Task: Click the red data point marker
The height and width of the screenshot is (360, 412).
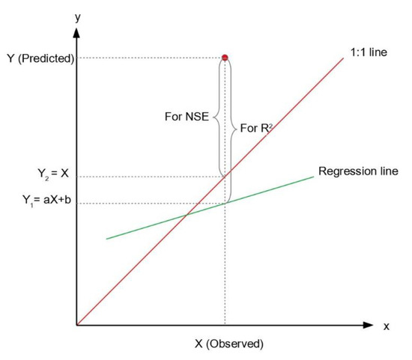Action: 225,58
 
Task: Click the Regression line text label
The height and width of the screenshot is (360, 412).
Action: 358,171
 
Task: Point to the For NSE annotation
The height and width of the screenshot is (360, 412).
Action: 186,117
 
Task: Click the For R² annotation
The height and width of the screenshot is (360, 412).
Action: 256,128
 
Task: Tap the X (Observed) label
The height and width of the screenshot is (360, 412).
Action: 229,344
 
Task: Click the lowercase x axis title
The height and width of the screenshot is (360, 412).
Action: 386,326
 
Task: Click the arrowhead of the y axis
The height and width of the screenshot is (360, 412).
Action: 76,34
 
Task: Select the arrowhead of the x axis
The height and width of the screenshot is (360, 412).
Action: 368,325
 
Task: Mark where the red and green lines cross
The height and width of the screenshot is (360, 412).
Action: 186,216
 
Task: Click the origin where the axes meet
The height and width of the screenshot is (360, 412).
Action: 76,325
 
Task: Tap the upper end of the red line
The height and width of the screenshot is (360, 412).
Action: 343,57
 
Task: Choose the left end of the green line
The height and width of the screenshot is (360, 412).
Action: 107,239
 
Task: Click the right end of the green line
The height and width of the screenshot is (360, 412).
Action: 312,177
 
